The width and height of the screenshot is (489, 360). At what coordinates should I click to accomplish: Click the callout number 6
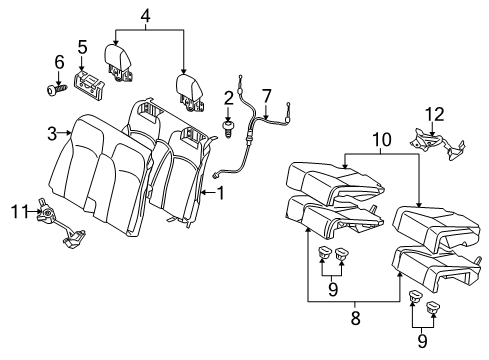[59, 62]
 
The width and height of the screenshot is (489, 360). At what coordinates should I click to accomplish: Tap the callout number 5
[82, 47]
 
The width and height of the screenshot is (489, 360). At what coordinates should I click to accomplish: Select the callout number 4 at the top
[145, 15]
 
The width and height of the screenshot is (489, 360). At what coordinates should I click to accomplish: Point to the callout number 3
[52, 133]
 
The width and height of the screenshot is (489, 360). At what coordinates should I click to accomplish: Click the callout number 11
[20, 211]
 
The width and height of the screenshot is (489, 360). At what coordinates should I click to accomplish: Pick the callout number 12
[434, 114]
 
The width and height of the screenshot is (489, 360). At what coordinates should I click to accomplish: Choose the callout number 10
[382, 140]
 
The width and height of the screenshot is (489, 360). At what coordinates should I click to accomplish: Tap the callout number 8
[356, 318]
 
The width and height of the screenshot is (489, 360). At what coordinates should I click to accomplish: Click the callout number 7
[267, 96]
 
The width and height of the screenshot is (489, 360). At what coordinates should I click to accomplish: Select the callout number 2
[228, 98]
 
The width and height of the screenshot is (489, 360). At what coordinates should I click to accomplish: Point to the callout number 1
[220, 193]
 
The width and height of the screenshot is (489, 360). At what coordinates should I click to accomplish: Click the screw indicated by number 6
[56, 89]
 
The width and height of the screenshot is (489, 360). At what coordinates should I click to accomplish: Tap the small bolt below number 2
[228, 129]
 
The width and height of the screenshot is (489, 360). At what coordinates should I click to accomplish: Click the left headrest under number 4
[119, 62]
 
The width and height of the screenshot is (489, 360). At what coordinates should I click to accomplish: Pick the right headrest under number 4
[189, 92]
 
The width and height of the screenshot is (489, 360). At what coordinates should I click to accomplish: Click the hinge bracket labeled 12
[437, 144]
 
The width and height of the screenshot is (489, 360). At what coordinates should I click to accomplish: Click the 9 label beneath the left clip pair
[333, 289]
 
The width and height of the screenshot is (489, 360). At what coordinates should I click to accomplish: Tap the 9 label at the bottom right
[422, 341]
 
